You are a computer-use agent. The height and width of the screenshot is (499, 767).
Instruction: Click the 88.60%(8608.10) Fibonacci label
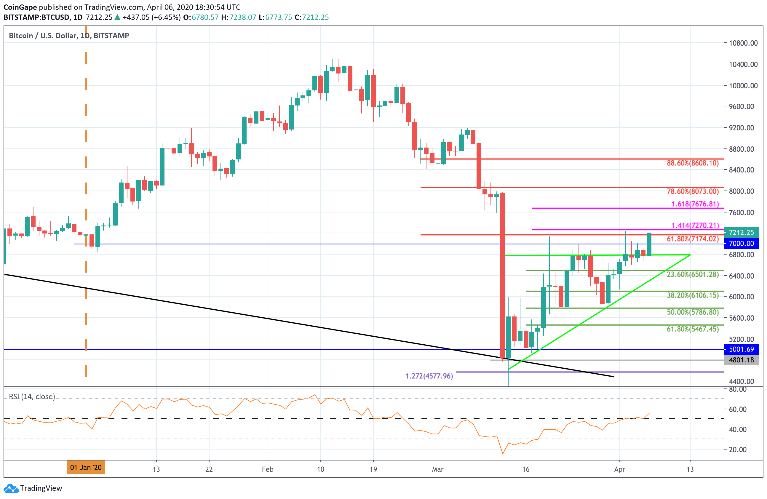click(693, 163)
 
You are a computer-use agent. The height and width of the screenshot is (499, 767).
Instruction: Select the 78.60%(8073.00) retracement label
click(693, 191)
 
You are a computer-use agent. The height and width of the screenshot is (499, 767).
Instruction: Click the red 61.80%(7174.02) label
click(693, 239)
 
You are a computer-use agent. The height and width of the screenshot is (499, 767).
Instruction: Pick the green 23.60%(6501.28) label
click(693, 275)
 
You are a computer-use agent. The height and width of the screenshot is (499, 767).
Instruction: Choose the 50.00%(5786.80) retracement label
click(693, 312)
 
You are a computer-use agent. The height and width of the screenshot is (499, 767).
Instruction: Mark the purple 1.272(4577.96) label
click(429, 376)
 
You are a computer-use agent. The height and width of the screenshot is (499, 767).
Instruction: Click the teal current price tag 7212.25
click(741, 233)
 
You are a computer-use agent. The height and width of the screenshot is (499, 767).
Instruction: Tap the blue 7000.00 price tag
click(741, 244)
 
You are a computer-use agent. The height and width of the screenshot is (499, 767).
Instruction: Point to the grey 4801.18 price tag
click(741, 360)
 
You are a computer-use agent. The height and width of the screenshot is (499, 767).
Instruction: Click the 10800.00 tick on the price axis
click(743, 43)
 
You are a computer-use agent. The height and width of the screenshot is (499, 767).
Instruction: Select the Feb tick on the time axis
click(268, 469)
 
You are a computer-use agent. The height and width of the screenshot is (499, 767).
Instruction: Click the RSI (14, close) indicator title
click(32, 396)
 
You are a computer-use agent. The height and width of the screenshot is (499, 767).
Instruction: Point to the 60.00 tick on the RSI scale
click(738, 410)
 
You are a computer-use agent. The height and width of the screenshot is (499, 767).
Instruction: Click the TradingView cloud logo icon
click(11, 488)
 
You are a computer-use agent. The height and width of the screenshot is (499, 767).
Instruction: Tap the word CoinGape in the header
click(20, 7)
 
